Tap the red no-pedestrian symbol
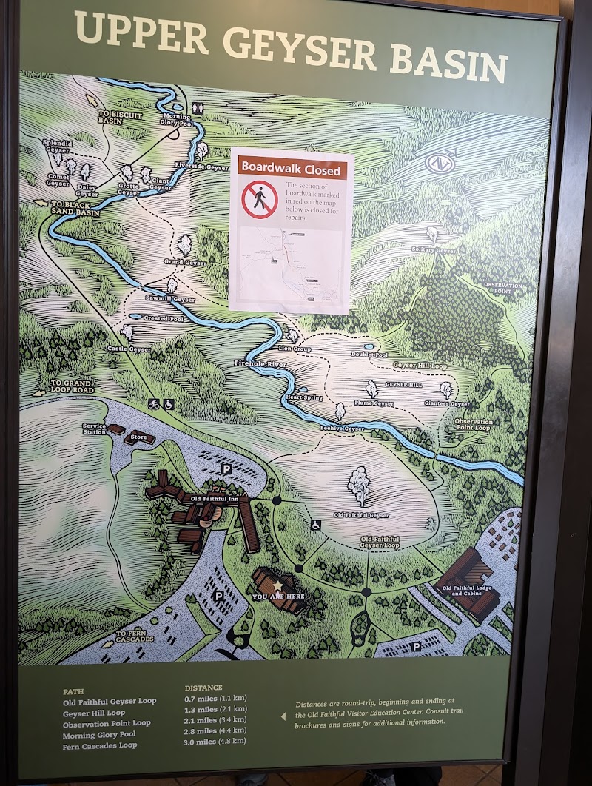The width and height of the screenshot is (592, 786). click(x=259, y=200)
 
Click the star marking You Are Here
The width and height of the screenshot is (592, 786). click(x=278, y=585)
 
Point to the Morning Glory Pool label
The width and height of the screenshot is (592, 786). click(x=176, y=119)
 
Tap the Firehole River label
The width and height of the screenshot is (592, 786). click(x=252, y=364)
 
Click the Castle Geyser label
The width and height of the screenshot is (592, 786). click(x=129, y=349)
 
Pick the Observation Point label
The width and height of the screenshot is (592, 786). click(x=503, y=288)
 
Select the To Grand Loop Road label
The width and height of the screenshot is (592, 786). click(x=73, y=386)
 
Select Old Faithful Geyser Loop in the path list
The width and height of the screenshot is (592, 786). click(x=110, y=701)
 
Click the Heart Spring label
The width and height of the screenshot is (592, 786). click(x=304, y=397)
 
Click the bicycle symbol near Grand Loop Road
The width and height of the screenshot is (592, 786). click(x=154, y=404)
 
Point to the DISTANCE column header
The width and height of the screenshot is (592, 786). click(x=203, y=688)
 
